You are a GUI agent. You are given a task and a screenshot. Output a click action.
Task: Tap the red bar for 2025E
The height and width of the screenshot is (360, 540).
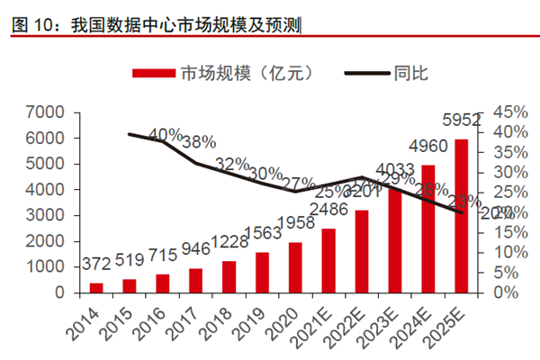pos(461,216)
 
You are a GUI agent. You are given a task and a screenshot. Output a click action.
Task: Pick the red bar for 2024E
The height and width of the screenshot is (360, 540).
pos(428,229)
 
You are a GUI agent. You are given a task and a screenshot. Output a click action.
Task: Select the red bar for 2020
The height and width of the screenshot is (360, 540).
pos(295,267)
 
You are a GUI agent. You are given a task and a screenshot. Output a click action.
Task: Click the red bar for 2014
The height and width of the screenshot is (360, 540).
pos(96,288)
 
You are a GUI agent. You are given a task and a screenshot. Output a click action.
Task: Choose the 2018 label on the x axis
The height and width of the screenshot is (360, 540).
pos(215,322)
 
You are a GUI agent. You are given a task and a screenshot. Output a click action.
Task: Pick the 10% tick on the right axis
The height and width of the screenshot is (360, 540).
pos(507,253)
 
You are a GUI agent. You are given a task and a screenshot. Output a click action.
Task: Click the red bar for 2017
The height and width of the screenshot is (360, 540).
pos(195,281)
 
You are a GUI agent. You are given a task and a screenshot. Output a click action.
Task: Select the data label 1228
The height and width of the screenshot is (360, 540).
pos(229,241)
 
